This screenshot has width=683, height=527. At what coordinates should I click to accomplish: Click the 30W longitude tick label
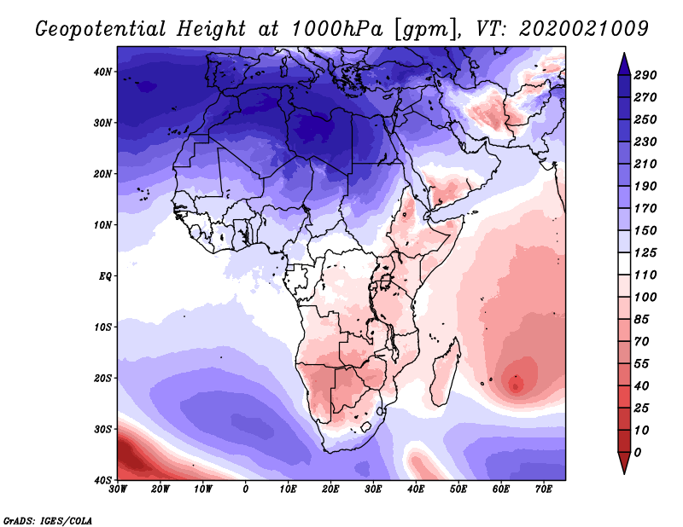pyautogui.click(x=118, y=489)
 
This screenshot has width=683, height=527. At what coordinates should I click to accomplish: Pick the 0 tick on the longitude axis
pyautogui.click(x=246, y=489)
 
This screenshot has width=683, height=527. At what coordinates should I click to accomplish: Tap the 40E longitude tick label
pyautogui.click(x=416, y=489)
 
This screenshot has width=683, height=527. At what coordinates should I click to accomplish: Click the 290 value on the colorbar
pyautogui.click(x=645, y=75)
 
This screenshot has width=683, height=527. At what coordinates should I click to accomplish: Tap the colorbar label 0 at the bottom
pyautogui.click(x=638, y=451)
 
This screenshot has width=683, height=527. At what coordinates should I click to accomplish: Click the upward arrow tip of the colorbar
pyautogui.click(x=623, y=56)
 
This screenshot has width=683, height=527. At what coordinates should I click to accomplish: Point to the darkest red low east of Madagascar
pyautogui.click(x=516, y=385)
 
